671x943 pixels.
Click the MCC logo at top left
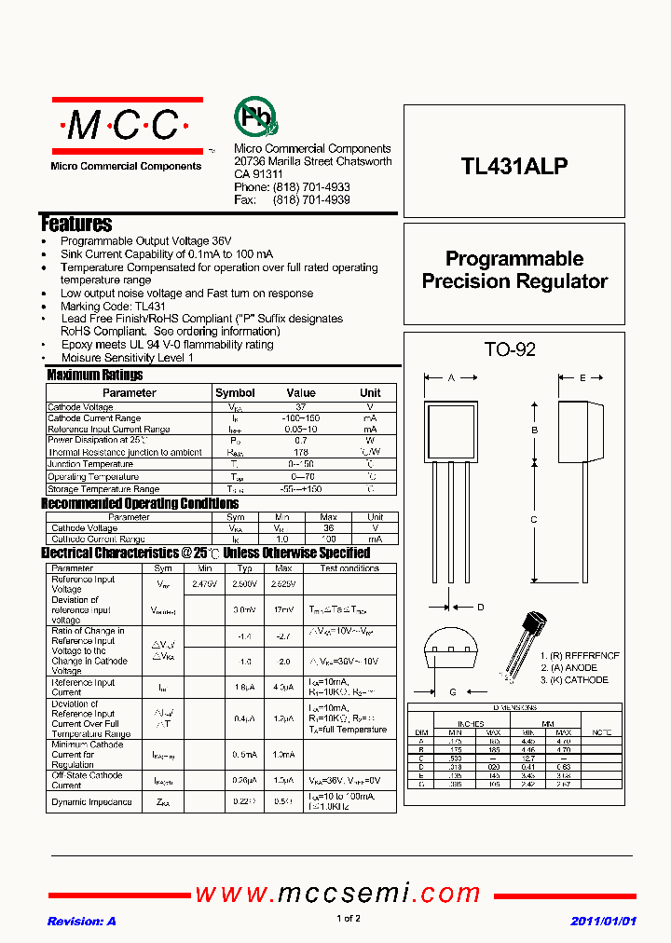click(x=127, y=126)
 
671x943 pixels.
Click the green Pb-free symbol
click(x=254, y=118)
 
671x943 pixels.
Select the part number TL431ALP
click(x=514, y=166)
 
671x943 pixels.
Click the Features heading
click(x=76, y=224)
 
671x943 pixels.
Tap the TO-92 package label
click(x=510, y=350)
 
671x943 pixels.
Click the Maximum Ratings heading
click(x=95, y=375)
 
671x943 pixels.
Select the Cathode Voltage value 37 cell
click(x=301, y=407)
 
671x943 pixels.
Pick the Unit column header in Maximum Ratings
click(x=370, y=393)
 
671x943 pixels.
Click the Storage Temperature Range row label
click(x=103, y=489)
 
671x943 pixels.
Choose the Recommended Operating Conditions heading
click(x=140, y=504)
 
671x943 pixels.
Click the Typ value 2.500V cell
click(x=244, y=584)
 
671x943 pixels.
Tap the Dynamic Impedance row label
click(x=91, y=802)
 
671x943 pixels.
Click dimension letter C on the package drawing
click(x=534, y=520)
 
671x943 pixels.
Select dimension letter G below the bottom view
click(x=453, y=692)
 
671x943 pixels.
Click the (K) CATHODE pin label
click(x=573, y=680)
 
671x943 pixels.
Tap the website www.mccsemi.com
click(x=337, y=894)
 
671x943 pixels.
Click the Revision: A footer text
click(x=82, y=921)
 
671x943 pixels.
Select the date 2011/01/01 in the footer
click(x=603, y=921)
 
